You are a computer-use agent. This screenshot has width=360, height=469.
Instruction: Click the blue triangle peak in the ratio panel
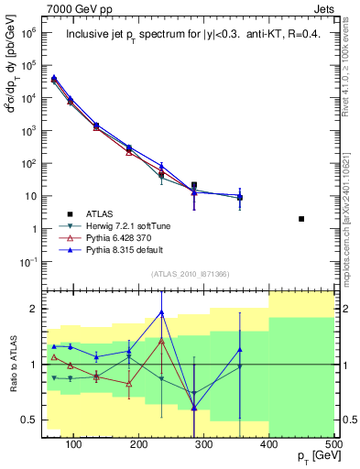pyautogui.click(x=161, y=312)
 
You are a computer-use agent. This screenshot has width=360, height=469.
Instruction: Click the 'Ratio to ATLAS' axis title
pyautogui.click(x=13, y=364)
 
